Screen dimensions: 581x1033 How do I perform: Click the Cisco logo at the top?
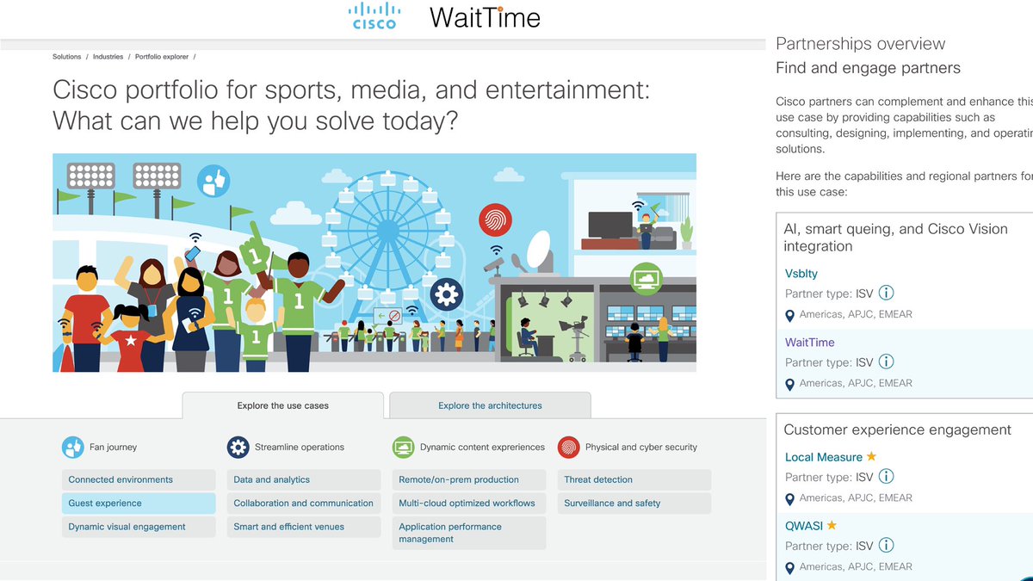[374, 16]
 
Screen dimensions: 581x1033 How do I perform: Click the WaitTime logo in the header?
[485, 17]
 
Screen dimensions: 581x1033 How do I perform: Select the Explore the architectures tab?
[490, 405]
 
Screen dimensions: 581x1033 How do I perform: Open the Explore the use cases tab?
[282, 405]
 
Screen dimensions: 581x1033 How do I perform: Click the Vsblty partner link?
[801, 274]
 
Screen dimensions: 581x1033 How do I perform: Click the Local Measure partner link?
[823, 457]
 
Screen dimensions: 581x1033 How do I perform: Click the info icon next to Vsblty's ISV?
[886, 294]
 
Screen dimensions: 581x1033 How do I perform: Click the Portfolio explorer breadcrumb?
[163, 57]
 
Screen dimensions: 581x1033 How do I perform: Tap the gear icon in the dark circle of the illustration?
[446, 294]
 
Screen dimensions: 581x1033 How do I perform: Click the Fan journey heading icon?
[73, 448]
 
